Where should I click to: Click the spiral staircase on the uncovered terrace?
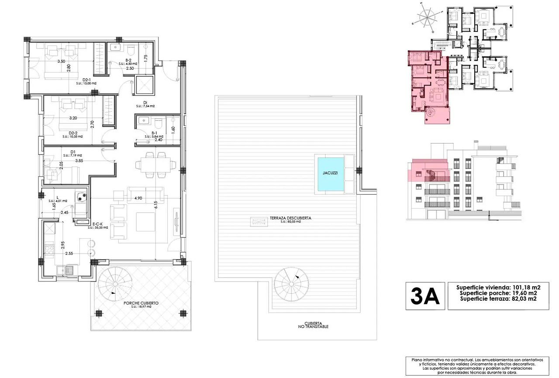click(291, 282)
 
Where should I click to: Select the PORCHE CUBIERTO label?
click(141, 302)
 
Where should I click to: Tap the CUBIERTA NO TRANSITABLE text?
click(311, 324)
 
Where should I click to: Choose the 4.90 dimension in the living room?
click(138, 198)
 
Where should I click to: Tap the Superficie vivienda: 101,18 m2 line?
click(498, 287)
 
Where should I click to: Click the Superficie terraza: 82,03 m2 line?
click(498, 299)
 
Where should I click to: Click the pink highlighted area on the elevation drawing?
click(428, 170)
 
